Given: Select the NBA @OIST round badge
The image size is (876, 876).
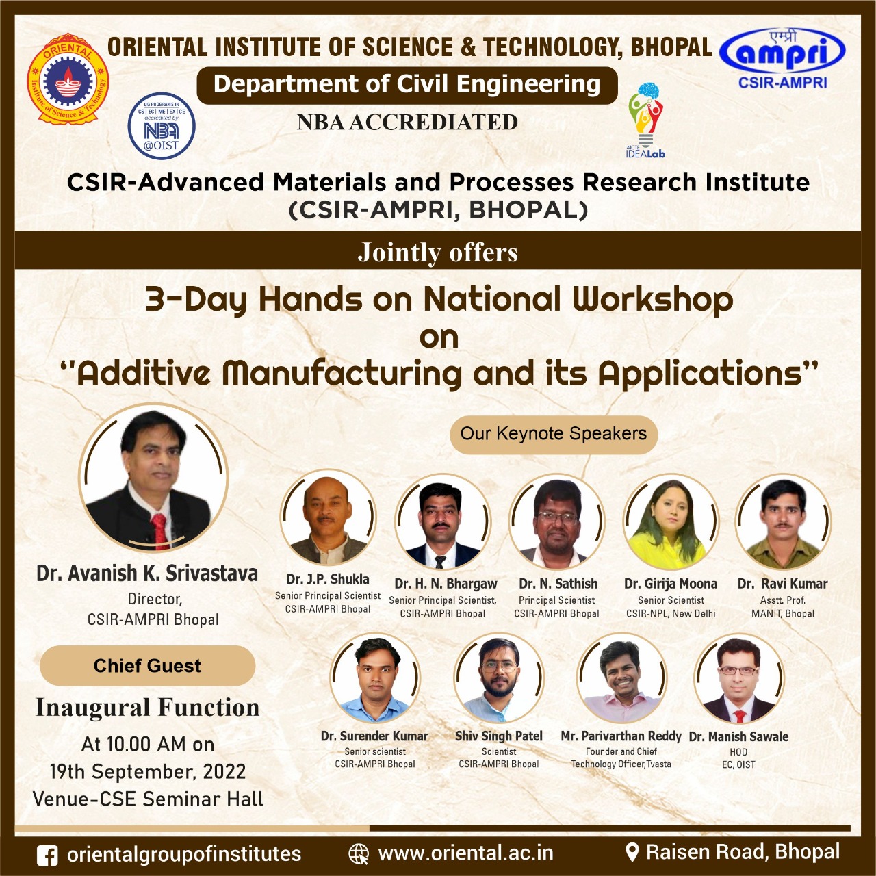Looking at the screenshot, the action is [162, 126].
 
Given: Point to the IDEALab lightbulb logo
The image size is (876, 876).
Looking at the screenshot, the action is [645, 120].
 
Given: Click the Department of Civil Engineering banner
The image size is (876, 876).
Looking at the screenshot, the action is [407, 85].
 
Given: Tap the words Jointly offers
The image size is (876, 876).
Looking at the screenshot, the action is [438, 253].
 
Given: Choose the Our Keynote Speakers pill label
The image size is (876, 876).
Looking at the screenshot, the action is [553, 434].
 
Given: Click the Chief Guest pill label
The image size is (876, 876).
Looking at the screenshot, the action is [147, 665].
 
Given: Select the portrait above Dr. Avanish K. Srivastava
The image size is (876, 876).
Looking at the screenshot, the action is [153, 478].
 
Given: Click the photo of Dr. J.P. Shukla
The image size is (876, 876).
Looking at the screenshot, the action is [327, 518].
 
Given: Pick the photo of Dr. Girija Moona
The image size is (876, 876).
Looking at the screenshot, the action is [671, 522].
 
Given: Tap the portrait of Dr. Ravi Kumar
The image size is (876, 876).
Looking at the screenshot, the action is [783, 522].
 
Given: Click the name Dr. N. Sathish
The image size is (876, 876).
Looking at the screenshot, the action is [558, 583].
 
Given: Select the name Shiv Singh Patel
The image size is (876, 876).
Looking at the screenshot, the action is [499, 736].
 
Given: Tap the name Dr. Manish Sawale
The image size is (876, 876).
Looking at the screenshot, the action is [738, 736].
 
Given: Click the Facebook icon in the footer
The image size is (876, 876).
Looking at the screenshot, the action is [47, 855].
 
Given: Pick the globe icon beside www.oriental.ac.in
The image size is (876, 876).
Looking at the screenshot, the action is [358, 853].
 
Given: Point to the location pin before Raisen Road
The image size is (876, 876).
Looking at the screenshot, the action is [632, 853].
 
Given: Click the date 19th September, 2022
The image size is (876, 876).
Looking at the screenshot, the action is [148, 771].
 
